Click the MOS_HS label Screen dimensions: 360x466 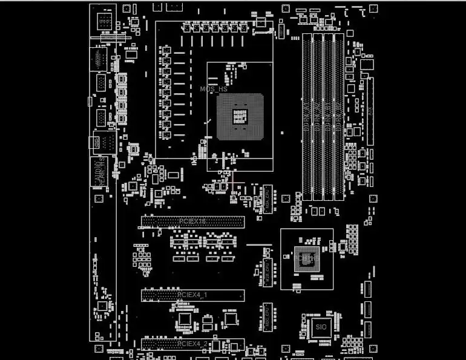coord(214,89)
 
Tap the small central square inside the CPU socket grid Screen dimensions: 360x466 coord(240,116)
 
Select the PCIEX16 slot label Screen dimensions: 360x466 coord(192,221)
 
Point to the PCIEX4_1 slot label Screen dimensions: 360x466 coord(192,295)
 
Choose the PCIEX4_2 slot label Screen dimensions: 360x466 coord(192,344)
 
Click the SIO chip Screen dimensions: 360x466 coord(321,327)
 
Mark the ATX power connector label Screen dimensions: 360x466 coord(370,111)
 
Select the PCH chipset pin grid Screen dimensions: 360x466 coord(306,258)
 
